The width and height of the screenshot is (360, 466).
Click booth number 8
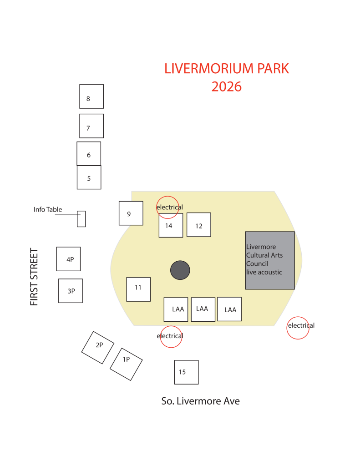[91, 96]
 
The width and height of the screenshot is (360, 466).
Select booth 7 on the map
[91, 126]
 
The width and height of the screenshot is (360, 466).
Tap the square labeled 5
[89, 177]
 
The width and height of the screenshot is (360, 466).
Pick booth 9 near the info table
[131, 213]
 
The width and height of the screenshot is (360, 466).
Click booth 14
[171, 225]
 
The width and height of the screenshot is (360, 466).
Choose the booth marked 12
[198, 225]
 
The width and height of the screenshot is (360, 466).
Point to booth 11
[138, 289]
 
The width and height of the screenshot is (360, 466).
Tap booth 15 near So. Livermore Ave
[186, 372]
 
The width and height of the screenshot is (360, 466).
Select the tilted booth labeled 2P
[97, 347]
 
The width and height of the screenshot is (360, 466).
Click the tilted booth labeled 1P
[126, 364]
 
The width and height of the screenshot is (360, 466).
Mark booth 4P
[68, 259]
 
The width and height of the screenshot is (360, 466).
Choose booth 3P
[71, 291]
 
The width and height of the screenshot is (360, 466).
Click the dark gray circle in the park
[180, 270]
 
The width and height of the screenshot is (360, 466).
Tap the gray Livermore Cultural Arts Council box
[269, 260]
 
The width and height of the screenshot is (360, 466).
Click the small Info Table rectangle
[81, 219]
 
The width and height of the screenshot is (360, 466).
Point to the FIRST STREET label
[34, 277]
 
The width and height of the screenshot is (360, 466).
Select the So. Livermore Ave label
[200, 401]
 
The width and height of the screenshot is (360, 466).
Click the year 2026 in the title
[227, 86]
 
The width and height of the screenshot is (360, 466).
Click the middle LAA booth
[203, 309]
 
